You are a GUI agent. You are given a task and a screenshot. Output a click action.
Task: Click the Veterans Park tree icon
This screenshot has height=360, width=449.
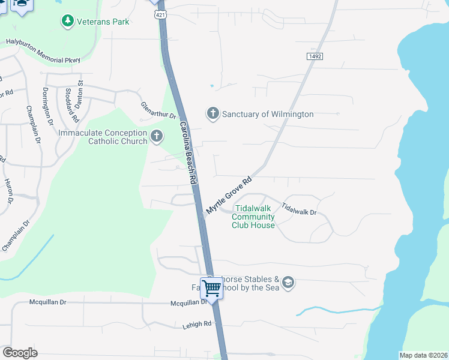click(68, 22)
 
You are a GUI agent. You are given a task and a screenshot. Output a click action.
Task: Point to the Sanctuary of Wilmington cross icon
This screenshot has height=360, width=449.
click(212, 113)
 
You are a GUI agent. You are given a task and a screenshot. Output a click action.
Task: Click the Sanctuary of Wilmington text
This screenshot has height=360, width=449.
click(268, 114)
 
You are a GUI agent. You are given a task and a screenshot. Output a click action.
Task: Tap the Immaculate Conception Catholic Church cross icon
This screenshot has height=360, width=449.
click(156, 137)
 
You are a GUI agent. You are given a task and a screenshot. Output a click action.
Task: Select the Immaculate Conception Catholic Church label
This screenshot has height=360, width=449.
click(103, 137)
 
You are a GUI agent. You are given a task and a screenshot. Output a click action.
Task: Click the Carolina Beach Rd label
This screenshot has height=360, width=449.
click(188, 153)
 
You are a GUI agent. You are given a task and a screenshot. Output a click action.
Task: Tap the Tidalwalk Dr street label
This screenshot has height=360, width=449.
click(298, 209)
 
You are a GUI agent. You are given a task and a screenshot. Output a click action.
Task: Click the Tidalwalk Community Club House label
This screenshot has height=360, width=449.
click(253, 217)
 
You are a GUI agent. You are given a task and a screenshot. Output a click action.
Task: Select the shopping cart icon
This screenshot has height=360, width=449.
click(211, 288)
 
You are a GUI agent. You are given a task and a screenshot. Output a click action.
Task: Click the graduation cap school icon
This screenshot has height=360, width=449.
click(288, 283)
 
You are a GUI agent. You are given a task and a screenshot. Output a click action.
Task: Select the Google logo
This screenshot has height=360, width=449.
click(20, 352)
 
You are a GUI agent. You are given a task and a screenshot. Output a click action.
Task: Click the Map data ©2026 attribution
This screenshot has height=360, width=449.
click(423, 355)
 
